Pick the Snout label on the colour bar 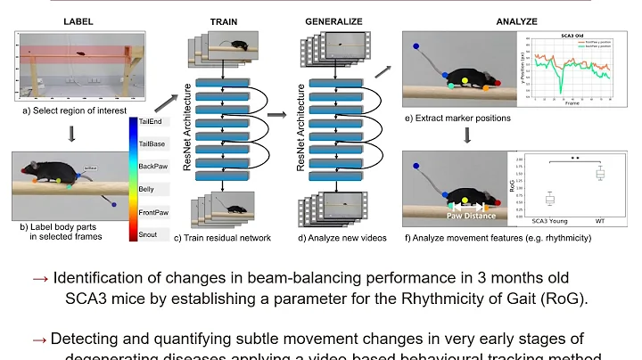148,233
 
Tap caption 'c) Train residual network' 226,237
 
